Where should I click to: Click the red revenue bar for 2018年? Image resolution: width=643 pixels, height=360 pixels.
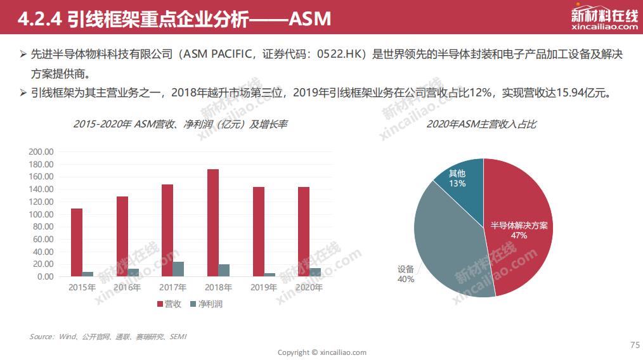pyautogui.click(x=213, y=222)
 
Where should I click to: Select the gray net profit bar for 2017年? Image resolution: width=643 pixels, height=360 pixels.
pyautogui.click(x=178, y=269)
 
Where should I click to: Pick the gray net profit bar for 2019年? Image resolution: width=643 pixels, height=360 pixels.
pyautogui.click(x=270, y=274)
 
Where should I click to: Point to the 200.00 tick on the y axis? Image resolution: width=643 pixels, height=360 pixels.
pyautogui.click(x=41, y=152)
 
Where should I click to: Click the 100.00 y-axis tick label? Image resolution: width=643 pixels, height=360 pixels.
pyautogui.click(x=41, y=214)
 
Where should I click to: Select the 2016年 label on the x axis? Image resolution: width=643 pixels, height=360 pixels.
pyautogui.click(x=127, y=288)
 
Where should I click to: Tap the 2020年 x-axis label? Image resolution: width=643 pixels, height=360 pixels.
pyautogui.click(x=309, y=288)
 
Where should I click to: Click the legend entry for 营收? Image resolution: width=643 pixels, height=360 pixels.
pyautogui.click(x=169, y=304)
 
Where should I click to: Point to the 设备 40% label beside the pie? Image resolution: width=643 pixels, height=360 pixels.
pyautogui.click(x=406, y=274)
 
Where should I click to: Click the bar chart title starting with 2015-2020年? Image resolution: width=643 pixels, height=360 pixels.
pyautogui.click(x=180, y=124)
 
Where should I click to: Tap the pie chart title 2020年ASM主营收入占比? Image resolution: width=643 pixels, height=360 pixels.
pyautogui.click(x=481, y=124)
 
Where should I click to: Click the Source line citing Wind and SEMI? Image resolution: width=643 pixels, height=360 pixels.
pyautogui.click(x=108, y=337)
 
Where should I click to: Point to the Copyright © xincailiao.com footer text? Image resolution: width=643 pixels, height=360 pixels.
pyautogui.click(x=321, y=352)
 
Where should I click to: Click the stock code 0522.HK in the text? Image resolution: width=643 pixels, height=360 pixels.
pyautogui.click(x=341, y=55)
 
